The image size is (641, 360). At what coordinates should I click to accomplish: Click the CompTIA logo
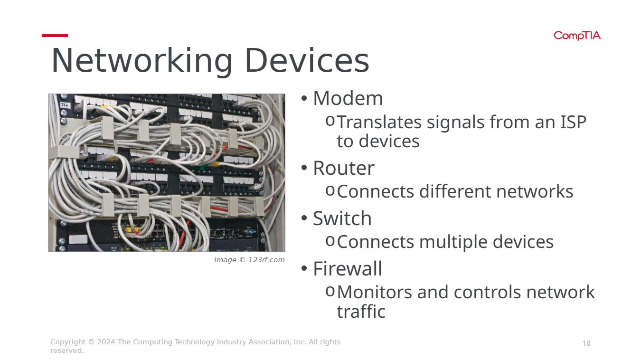[577, 36]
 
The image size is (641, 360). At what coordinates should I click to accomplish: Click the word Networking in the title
[141, 61]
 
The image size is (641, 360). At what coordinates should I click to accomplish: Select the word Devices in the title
[307, 60]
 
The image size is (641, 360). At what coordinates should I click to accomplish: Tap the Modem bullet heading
[348, 98]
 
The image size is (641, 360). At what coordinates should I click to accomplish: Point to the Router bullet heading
[344, 168]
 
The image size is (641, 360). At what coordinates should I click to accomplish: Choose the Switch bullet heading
[342, 218]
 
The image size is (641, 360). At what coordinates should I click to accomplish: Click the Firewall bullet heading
[348, 269]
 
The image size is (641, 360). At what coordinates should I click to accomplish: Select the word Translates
[379, 122]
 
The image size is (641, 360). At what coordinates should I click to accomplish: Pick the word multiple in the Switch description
[453, 242]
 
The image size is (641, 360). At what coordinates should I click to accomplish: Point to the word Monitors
[374, 293]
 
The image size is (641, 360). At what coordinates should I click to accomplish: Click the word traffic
[361, 311]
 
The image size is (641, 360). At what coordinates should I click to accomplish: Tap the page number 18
[586, 343]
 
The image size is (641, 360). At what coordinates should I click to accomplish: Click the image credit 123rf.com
[266, 260]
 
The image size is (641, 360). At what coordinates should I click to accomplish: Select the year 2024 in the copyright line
[106, 342]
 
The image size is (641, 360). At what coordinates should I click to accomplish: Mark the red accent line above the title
[55, 36]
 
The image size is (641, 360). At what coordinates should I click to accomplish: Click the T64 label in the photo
[65, 105]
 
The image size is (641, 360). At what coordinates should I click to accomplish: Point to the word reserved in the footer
[66, 351]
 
